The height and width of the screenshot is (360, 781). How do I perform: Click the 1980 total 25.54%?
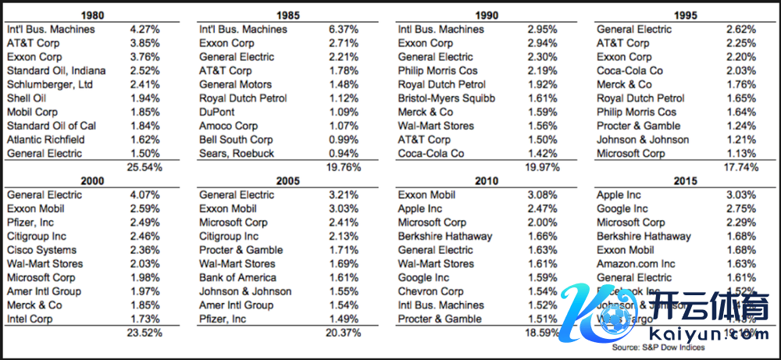(x=143, y=167)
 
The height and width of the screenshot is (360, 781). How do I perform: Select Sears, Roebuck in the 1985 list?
(x=236, y=154)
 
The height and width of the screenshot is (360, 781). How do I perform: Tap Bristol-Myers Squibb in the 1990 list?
(x=447, y=98)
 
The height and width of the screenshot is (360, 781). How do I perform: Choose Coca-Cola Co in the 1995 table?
(x=629, y=71)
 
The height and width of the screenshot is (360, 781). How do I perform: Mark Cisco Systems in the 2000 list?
(x=41, y=250)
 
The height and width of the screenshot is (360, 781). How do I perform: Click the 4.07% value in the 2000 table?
(x=144, y=195)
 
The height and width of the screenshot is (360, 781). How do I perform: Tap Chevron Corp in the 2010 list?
(x=430, y=291)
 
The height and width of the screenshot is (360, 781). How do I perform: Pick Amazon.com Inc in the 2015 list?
(x=636, y=264)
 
